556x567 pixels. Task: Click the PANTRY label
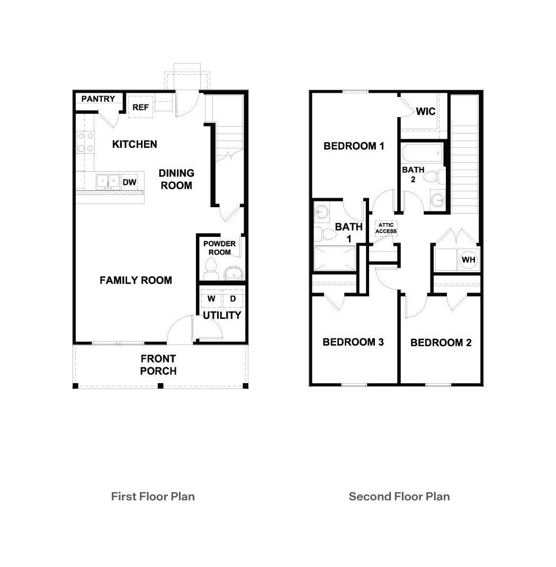98,99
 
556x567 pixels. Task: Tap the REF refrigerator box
140,107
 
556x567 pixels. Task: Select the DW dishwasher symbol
129,182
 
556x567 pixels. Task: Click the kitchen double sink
108,181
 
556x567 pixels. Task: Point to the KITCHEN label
134,144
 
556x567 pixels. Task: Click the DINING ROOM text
176,179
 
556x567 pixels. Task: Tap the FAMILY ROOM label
136,280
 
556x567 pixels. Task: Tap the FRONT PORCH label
158,365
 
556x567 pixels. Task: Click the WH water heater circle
468,260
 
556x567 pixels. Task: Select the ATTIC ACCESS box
385,228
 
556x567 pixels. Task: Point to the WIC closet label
425,111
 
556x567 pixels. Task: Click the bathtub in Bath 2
422,155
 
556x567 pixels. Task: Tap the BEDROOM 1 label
354,146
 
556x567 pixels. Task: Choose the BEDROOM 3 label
353,342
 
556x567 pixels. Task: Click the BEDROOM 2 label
441,342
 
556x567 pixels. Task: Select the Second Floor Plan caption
399,497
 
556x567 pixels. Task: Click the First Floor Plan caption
153,497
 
